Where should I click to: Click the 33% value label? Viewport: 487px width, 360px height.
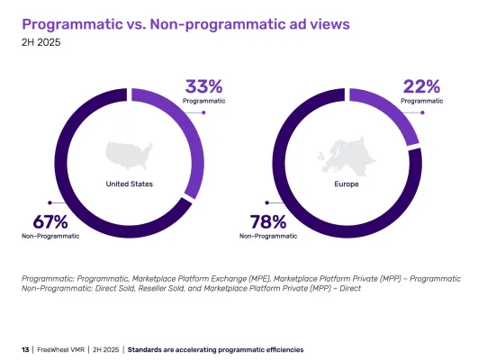pos(204,87)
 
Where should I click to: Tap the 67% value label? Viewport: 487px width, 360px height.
pos(41,221)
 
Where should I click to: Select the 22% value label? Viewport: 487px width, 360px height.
pos(422,87)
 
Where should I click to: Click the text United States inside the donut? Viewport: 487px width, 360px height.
pos(130,184)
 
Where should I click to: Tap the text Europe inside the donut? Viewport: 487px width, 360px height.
pos(347,184)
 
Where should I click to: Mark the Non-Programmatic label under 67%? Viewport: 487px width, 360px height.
pos(50,236)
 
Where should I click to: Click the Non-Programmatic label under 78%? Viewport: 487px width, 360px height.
pos(268,236)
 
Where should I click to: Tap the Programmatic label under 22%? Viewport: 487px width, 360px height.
pos(422,102)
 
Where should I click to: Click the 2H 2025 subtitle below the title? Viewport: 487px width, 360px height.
pos(41,40)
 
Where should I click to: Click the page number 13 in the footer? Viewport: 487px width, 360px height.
pos(25,348)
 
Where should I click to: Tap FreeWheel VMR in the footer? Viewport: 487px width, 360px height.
pos(62,348)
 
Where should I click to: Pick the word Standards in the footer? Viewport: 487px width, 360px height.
pos(148,348)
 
